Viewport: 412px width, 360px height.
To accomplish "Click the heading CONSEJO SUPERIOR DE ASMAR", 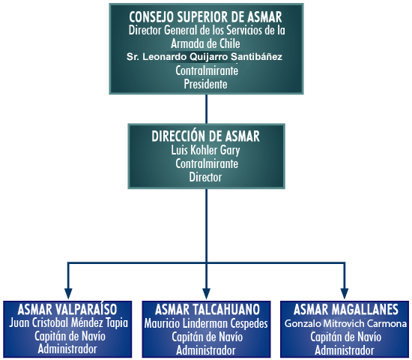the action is (205, 17).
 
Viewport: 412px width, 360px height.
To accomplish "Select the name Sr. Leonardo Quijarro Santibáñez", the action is (205, 56).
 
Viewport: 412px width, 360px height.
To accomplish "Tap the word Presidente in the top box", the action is (205, 84).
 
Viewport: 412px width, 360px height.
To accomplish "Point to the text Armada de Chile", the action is (205, 43).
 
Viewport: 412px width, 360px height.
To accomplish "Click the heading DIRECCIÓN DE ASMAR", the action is (205, 136).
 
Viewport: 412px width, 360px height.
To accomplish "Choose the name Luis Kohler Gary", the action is (205, 151).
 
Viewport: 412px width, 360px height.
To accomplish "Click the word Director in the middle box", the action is (205, 177).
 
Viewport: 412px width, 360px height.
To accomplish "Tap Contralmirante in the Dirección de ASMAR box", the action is (207, 163).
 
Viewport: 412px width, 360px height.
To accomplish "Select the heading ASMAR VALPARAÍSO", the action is (67, 309).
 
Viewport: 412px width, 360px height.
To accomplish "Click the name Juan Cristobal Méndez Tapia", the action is (68, 323).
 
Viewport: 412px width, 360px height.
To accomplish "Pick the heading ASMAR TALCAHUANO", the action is (207, 310).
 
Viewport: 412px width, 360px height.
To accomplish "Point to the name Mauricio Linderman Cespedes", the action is (206, 323).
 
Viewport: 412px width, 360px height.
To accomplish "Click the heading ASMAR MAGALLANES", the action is (346, 310).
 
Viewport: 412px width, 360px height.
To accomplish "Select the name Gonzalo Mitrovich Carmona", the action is (345, 323).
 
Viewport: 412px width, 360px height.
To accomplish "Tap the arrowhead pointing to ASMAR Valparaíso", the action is (68, 293).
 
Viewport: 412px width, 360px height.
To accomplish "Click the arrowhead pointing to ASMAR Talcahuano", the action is (207, 293).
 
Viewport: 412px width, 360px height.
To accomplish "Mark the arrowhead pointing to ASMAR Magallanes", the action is (345, 293).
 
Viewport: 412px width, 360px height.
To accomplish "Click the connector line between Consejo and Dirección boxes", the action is (206, 109).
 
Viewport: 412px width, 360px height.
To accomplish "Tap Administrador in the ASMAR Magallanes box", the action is (345, 350).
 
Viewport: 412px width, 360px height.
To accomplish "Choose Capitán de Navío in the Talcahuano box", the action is (207, 337).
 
